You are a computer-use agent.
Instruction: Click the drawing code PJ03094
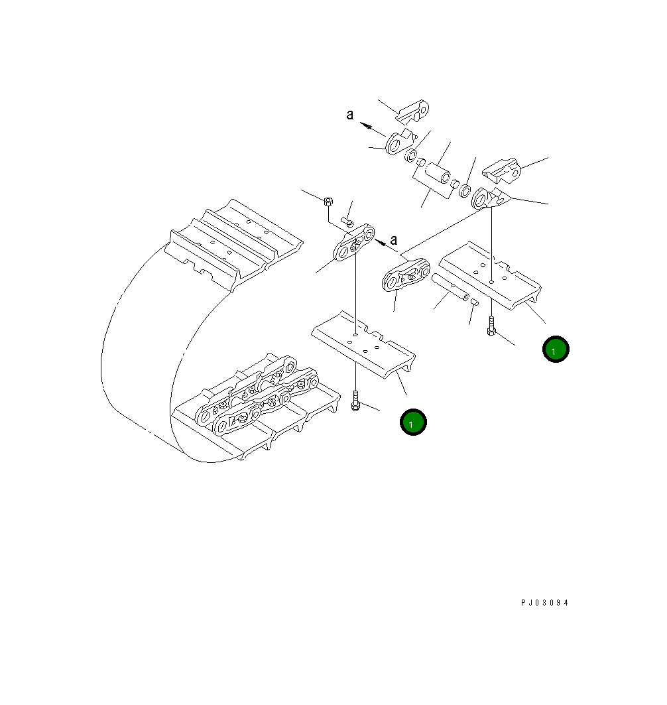tap(544, 603)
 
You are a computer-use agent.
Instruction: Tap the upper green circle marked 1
tap(556, 349)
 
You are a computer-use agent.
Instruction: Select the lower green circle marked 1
tap(412, 422)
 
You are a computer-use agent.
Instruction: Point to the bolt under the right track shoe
tap(491, 326)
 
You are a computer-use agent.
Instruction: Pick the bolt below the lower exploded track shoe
tap(356, 400)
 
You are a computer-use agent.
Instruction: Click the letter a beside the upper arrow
tap(349, 115)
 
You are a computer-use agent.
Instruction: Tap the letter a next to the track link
tap(394, 239)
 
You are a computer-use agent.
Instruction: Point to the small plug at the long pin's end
tap(475, 302)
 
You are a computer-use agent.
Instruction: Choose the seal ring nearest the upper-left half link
tap(411, 155)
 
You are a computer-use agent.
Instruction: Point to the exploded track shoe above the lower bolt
tap(363, 345)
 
